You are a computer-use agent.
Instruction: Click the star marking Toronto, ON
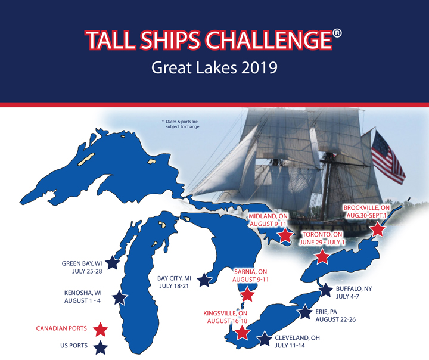tap(322, 257)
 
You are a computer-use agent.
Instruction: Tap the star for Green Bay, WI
tap(113, 263)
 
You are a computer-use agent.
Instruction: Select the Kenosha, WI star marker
tap(120, 298)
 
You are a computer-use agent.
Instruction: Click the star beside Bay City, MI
tap(204, 280)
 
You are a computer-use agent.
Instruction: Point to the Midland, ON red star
tap(285, 235)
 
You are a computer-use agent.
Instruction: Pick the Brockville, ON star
tap(377, 229)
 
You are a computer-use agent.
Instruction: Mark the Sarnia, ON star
tap(247, 294)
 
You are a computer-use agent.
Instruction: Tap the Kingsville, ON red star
tap(243, 333)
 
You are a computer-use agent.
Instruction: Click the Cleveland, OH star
tap(264, 339)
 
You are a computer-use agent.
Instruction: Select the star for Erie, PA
tap(304, 312)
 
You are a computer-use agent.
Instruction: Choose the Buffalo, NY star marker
tap(325, 290)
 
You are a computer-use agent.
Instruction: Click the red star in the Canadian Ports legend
tap(101, 330)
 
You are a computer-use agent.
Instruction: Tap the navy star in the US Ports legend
tap(101, 347)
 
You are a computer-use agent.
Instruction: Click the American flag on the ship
tap(387, 157)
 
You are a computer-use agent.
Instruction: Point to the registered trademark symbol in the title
tap(337, 33)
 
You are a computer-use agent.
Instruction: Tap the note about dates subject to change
tap(181, 124)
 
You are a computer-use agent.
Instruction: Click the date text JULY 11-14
tap(290, 346)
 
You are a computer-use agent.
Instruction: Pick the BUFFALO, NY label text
tap(354, 289)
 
